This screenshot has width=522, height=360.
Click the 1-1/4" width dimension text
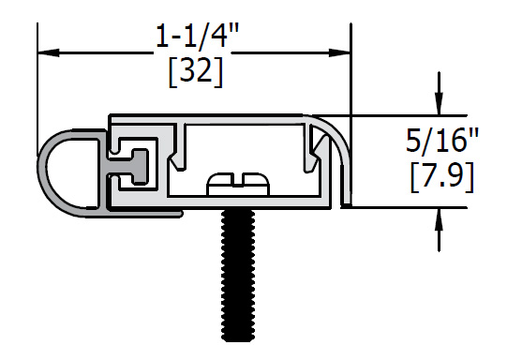(x=197, y=37)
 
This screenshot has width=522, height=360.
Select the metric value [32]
(x=196, y=72)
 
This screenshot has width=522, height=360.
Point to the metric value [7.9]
(x=442, y=176)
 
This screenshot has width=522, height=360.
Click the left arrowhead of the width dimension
(x=49, y=52)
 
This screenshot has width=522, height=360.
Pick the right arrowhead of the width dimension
(x=339, y=52)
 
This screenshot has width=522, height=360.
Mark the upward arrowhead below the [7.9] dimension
(x=440, y=219)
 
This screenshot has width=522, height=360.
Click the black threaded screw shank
(x=238, y=277)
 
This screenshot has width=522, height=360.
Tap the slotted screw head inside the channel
(x=238, y=184)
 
